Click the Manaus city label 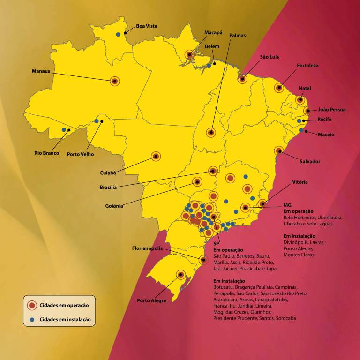[x=41, y=71]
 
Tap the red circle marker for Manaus [x=114, y=81]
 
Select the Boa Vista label [x=147, y=26]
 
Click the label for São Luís [x=270, y=57]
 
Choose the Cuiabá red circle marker [x=156, y=156]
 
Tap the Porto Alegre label [x=151, y=300]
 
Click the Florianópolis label [x=147, y=248]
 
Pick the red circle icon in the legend [x=32, y=305]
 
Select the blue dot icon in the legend [x=32, y=320]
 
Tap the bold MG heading [x=287, y=205]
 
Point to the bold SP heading [x=216, y=244]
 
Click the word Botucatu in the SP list [x=224, y=287]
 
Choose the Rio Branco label [x=46, y=153]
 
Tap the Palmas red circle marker [x=211, y=133]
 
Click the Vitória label [x=300, y=181]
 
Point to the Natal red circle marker [x=300, y=99]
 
